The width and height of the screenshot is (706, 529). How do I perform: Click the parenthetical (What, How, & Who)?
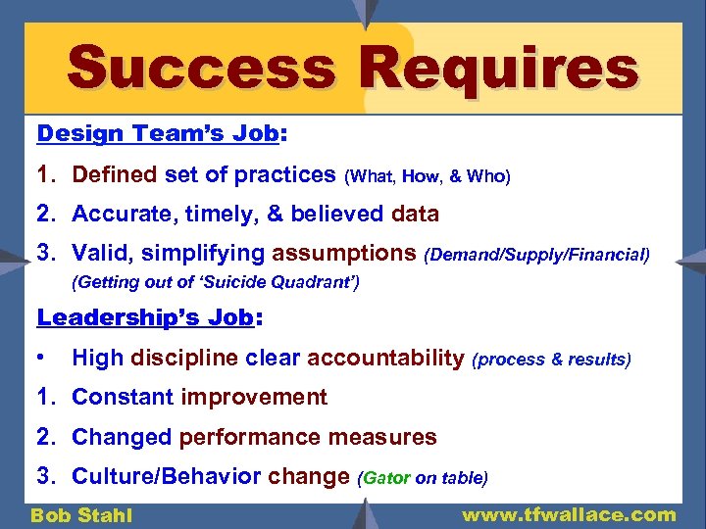coord(427,176)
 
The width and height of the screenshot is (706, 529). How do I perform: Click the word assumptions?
coord(344,254)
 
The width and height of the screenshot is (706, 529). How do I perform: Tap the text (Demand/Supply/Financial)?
coord(536,256)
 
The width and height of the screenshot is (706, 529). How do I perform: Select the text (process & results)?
coord(552,360)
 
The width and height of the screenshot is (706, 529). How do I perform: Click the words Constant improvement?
coord(199,397)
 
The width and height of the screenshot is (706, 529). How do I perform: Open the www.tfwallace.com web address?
coord(569,514)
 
